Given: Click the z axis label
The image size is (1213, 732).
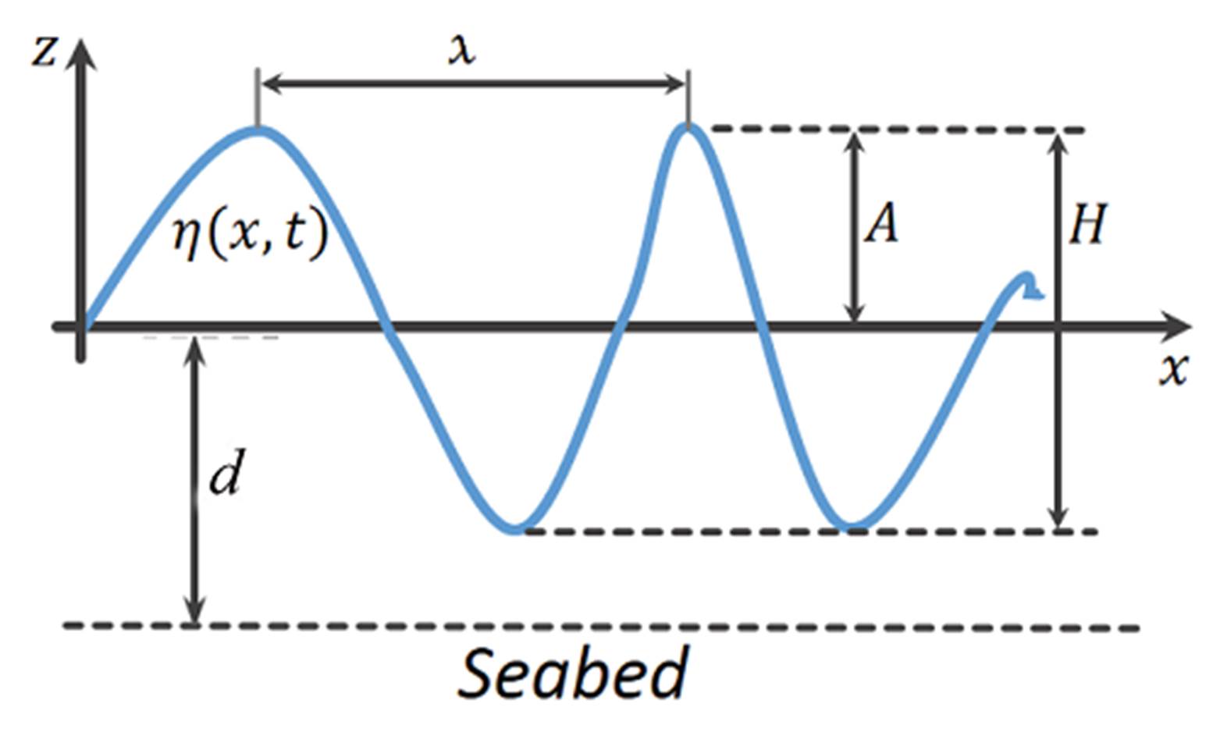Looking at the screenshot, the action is coord(44,52).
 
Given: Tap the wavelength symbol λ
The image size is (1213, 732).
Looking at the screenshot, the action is coord(462,51).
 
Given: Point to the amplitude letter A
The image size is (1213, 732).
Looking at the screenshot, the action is coord(881,226).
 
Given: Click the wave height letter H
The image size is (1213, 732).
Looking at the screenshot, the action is coord(1087,226).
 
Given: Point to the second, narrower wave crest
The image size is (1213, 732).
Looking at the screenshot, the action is coord(688,128).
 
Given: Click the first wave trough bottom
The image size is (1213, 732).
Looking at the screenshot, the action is coord(514,528).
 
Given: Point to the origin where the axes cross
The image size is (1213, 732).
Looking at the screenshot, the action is coord(82,325).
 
